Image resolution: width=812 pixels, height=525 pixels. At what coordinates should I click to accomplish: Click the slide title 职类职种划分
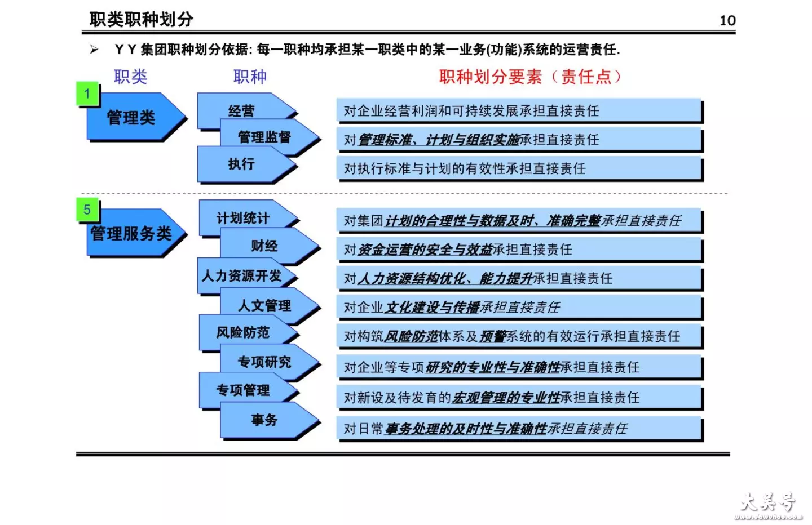point(142,19)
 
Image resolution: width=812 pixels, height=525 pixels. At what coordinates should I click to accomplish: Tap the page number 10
point(727,21)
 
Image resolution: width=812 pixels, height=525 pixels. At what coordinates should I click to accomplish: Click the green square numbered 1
point(87,94)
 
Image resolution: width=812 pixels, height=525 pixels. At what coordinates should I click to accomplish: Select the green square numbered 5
point(87,210)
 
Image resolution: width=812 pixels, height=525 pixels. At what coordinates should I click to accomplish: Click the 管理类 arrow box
point(136,117)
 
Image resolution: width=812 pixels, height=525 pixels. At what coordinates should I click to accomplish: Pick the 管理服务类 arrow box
point(136,233)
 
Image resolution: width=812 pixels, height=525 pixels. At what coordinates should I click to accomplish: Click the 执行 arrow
point(246,164)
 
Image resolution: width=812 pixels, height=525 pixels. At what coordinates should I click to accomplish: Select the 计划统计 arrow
point(248,217)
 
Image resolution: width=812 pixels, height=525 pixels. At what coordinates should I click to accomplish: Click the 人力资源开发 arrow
point(246,275)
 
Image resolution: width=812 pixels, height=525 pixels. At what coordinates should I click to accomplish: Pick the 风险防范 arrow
point(248,332)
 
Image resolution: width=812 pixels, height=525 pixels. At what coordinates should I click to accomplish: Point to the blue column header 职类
point(130,77)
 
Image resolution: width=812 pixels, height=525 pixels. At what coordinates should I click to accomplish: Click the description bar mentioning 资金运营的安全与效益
point(519,249)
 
